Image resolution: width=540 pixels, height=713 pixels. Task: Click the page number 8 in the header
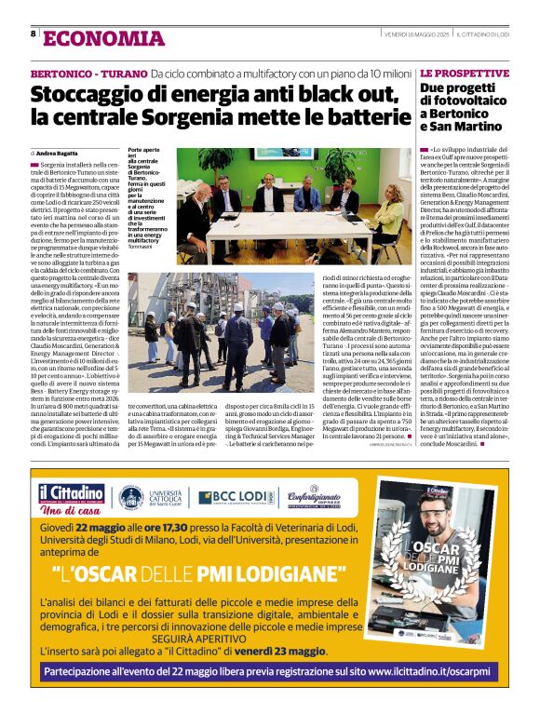pyautogui.click(x=34, y=34)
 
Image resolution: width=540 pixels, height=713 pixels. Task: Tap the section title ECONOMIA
pyautogui.click(x=102, y=37)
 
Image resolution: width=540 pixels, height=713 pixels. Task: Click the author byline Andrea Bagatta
pyautogui.click(x=58, y=152)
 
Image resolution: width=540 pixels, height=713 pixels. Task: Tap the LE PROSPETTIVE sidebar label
pyautogui.click(x=464, y=73)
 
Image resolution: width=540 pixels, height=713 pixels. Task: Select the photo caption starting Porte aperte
pyautogui.click(x=148, y=197)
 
